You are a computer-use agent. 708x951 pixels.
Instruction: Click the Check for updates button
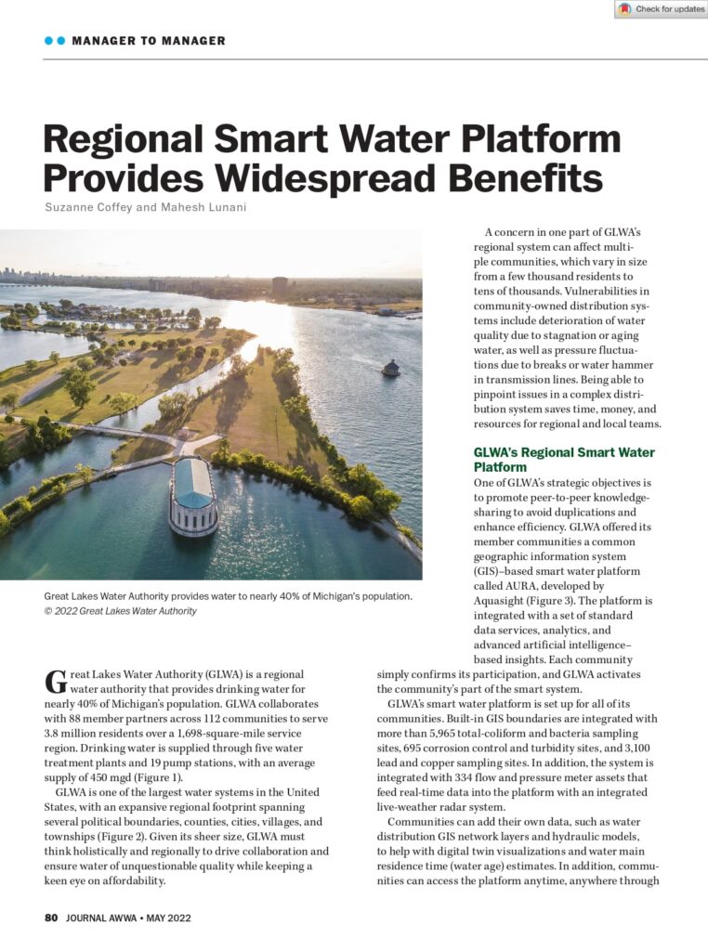(x=662, y=9)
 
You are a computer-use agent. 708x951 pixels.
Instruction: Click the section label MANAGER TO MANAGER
(x=148, y=41)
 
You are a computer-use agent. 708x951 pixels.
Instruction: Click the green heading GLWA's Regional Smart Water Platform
(x=564, y=460)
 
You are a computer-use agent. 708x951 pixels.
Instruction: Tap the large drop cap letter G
(x=55, y=683)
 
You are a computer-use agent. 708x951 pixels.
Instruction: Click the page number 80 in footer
(x=51, y=917)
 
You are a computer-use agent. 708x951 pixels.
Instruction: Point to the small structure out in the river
(x=390, y=368)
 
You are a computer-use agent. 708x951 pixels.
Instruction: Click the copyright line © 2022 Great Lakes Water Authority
(x=120, y=611)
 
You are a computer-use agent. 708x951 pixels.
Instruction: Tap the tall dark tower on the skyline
(x=279, y=286)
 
